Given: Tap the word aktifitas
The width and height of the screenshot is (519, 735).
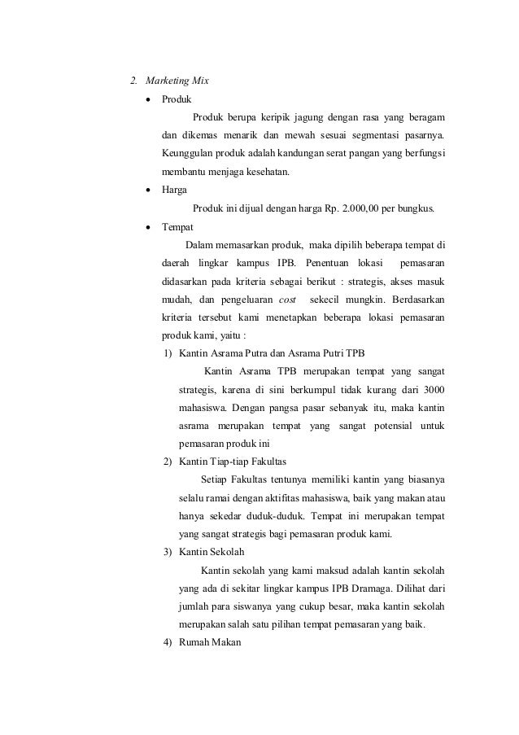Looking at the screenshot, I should [x=323, y=497].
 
